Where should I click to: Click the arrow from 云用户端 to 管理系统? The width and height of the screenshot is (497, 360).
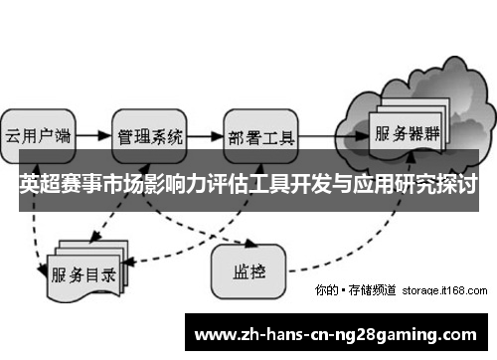pos(92,133)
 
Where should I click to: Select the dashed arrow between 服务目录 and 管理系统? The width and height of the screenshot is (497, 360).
pos(114,221)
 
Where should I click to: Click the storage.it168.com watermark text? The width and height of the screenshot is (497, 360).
pos(445,290)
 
